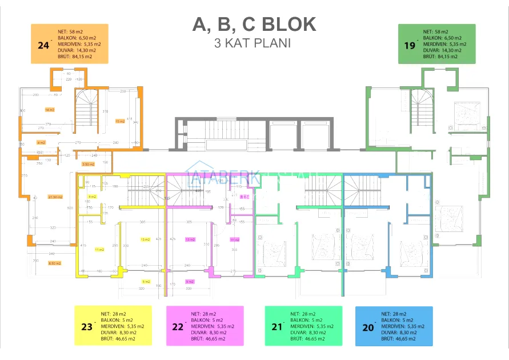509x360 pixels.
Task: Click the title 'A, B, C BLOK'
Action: [254, 25]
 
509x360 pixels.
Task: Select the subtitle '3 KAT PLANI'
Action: [252, 43]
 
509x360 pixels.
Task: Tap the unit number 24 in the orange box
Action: [43, 45]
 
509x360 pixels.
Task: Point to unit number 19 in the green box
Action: [410, 45]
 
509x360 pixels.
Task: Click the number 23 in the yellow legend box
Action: [87, 327]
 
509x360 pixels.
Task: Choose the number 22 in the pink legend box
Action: [178, 327]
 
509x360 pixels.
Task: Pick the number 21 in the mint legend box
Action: [277, 327]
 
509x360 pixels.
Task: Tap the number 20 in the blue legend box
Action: [367, 327]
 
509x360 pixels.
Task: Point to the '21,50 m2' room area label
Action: [55, 197]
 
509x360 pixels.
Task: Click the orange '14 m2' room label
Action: [49, 109]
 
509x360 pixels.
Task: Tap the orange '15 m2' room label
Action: [120, 121]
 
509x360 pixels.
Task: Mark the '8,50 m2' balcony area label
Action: [55, 263]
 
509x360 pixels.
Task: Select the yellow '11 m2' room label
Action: [99, 250]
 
